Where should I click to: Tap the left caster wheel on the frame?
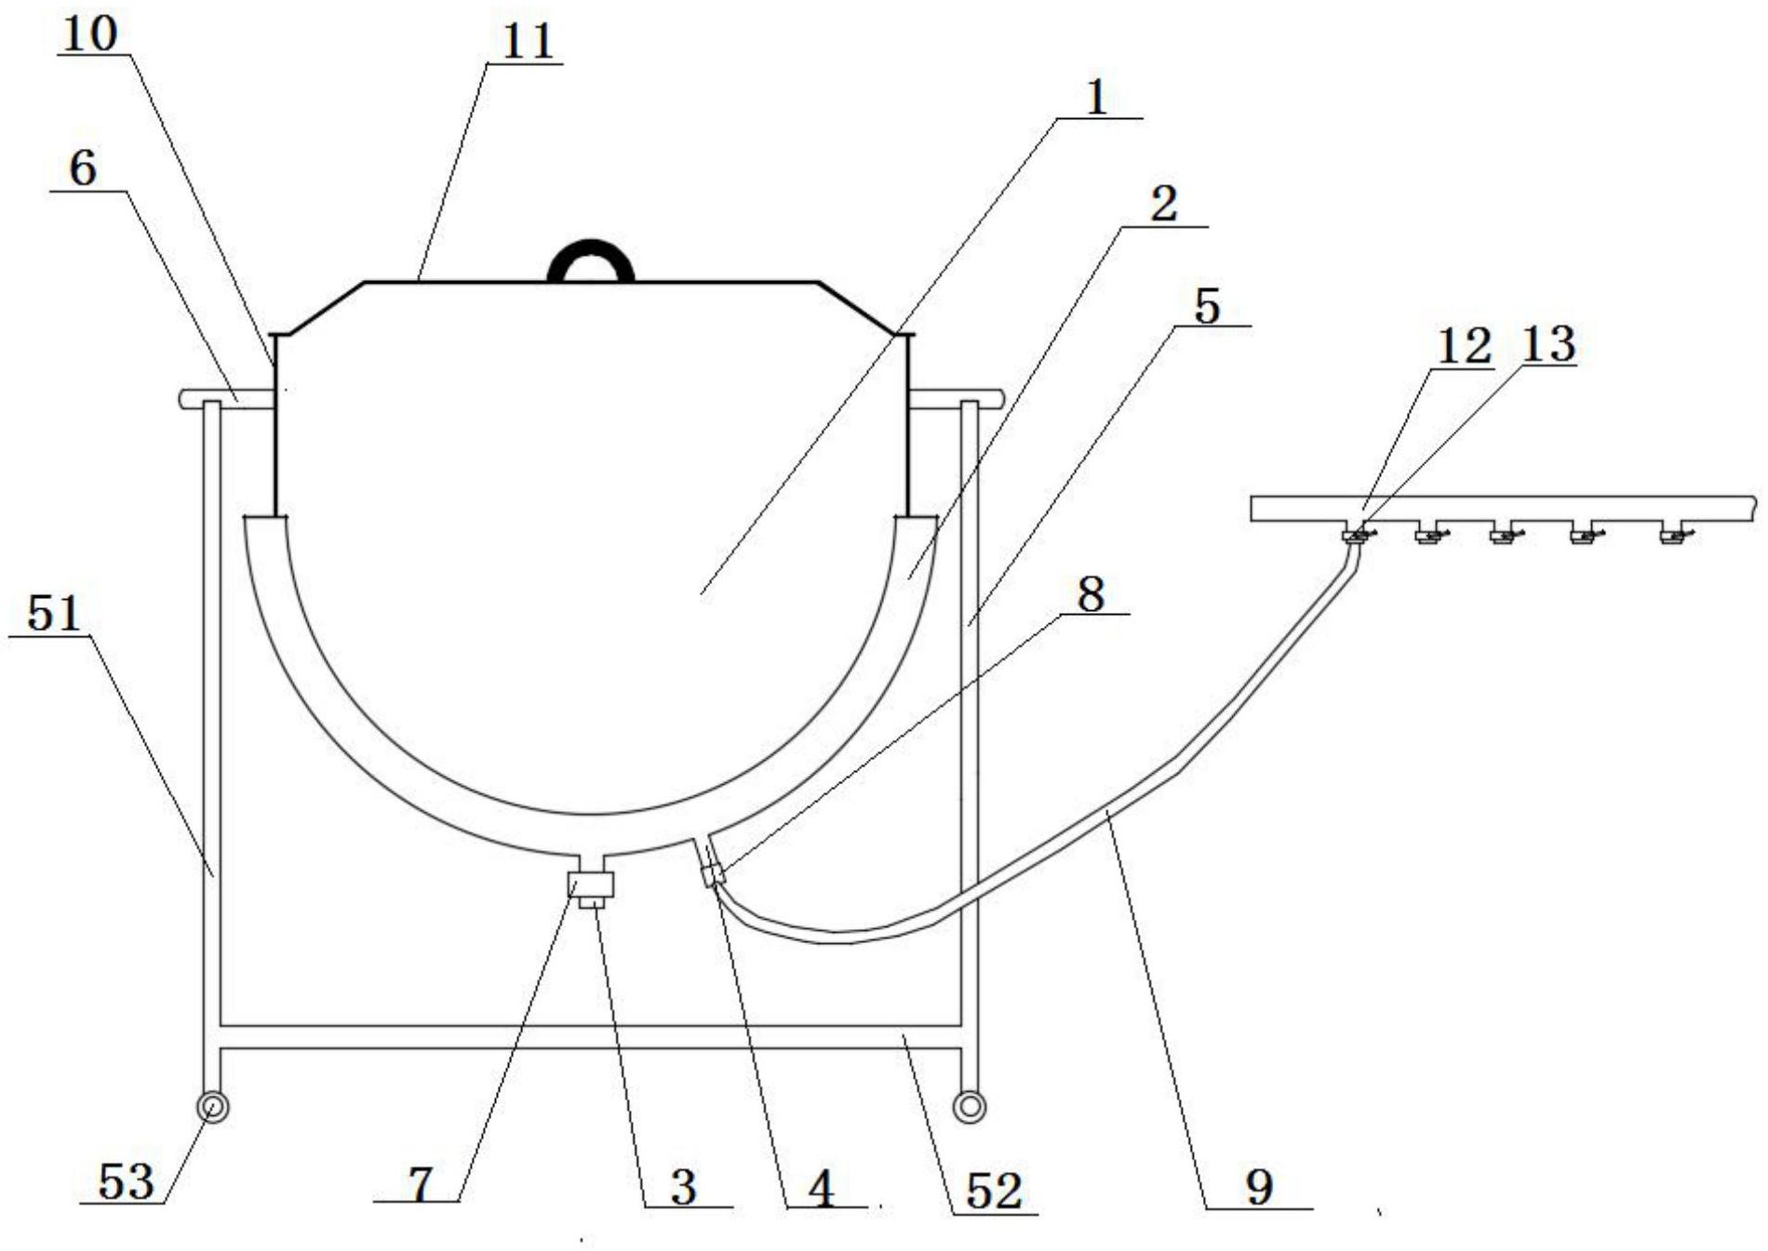pyautogui.click(x=212, y=1107)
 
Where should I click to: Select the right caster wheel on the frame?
pyautogui.click(x=970, y=1107)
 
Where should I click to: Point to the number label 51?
pyautogui.click(x=54, y=614)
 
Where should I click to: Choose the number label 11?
pyautogui.click(x=528, y=42)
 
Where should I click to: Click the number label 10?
pyautogui.click(x=91, y=34)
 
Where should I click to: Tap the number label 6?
pyautogui.click(x=83, y=168)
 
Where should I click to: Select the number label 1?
pyautogui.click(x=1098, y=97)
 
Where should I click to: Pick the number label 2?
pyautogui.click(x=1163, y=204)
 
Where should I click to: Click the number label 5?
pyautogui.click(x=1207, y=306)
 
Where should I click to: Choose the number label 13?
pyautogui.click(x=1547, y=343)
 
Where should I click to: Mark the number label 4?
pyautogui.click(x=822, y=1188)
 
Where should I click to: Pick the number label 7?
pyautogui.click(x=422, y=1185)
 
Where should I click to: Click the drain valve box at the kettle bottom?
pyautogui.click(x=591, y=884)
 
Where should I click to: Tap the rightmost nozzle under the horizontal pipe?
pyautogui.click(x=1675, y=535)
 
